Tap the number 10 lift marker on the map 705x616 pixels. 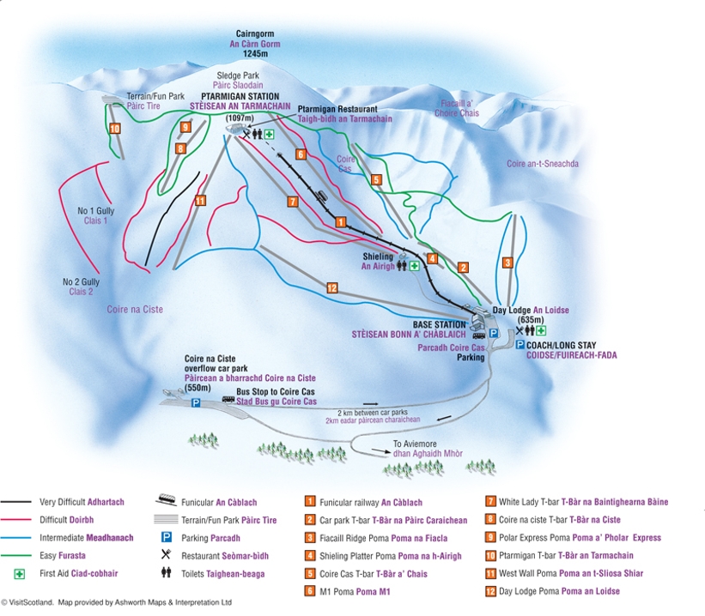114,129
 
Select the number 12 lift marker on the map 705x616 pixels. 331,287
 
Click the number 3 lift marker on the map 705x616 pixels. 507,263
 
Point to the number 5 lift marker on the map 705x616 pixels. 376,180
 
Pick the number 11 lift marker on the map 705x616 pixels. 200,201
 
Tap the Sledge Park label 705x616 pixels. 238,75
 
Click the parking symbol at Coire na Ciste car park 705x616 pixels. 196,402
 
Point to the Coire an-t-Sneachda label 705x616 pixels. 543,163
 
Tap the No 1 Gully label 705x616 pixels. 93,210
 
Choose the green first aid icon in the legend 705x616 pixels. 17,574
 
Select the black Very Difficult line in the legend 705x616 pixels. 16,502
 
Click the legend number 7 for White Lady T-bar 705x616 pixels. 490,502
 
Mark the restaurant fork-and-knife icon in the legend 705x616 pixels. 165,555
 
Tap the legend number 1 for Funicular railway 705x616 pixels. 310,502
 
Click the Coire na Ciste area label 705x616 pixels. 135,309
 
